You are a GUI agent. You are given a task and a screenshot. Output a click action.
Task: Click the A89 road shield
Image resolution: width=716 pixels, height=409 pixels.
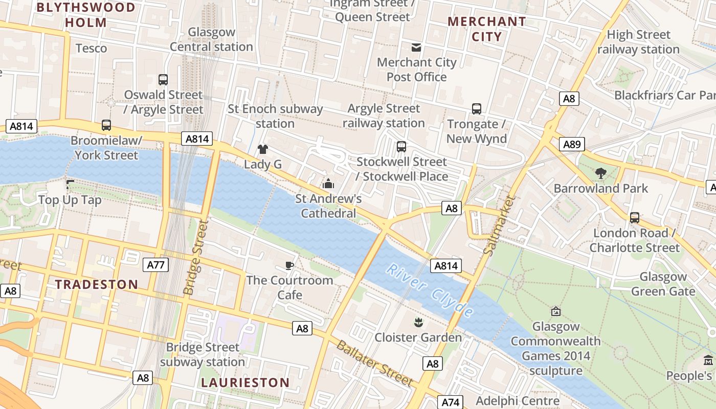571,145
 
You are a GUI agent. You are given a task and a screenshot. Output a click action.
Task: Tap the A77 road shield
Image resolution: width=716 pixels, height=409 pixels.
155,264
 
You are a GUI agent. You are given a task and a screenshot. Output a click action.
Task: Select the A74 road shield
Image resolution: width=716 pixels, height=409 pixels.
451,402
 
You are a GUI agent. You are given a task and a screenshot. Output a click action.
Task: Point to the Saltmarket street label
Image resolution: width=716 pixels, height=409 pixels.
497,225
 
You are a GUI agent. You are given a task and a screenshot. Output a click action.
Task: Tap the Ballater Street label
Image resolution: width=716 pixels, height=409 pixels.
374,363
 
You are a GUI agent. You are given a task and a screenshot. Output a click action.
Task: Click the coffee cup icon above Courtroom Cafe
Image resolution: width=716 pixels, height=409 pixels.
289,265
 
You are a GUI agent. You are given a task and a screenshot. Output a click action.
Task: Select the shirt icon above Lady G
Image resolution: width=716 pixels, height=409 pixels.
263,149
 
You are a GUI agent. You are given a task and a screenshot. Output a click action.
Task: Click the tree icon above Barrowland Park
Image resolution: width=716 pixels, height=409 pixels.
601,173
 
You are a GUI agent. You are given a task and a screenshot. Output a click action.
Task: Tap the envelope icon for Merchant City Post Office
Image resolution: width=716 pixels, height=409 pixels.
416,48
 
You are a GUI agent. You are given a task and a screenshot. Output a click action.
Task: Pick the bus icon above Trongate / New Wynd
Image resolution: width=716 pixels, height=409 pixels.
477,109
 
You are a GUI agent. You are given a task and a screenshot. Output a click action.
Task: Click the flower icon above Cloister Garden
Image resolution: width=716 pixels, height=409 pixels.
418,323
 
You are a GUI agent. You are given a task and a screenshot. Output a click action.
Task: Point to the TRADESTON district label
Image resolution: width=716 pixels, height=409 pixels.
97,285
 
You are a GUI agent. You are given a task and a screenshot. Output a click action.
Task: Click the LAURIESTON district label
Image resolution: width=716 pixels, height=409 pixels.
245,382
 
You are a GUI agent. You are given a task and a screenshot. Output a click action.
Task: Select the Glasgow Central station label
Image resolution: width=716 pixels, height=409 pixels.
211,39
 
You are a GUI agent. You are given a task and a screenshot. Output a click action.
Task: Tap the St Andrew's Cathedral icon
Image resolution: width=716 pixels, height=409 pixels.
328,183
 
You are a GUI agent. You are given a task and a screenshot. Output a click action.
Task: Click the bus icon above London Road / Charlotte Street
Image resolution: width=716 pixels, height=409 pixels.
635,218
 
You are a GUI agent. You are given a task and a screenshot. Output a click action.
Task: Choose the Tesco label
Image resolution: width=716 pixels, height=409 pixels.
91,49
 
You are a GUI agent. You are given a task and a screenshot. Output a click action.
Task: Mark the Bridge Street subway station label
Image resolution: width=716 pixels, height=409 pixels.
203,354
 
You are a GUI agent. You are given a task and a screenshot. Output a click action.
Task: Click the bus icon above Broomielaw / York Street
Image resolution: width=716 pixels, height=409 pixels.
106,125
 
